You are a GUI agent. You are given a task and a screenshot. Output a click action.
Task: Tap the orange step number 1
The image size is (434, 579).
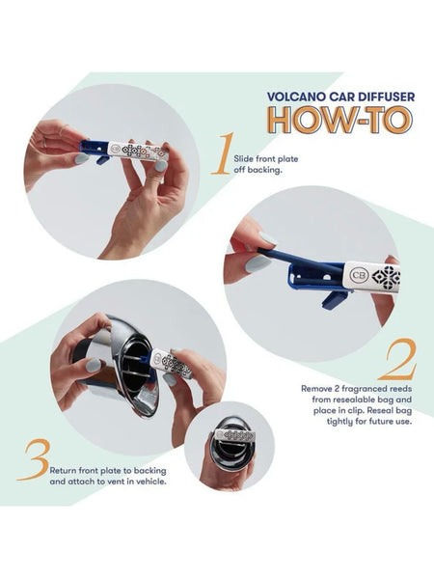click(x=223, y=154)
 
